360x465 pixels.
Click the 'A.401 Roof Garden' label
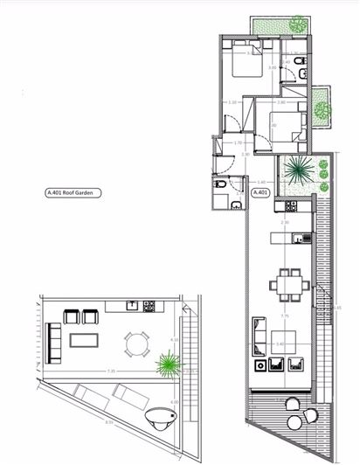tap(75, 193)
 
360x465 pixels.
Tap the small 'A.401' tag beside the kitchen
tap(260, 193)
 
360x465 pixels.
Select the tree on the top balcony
tap(300, 23)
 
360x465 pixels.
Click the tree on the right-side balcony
tap(322, 110)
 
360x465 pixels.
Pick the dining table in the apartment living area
tap(286, 283)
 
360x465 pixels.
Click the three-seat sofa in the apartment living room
tap(257, 332)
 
